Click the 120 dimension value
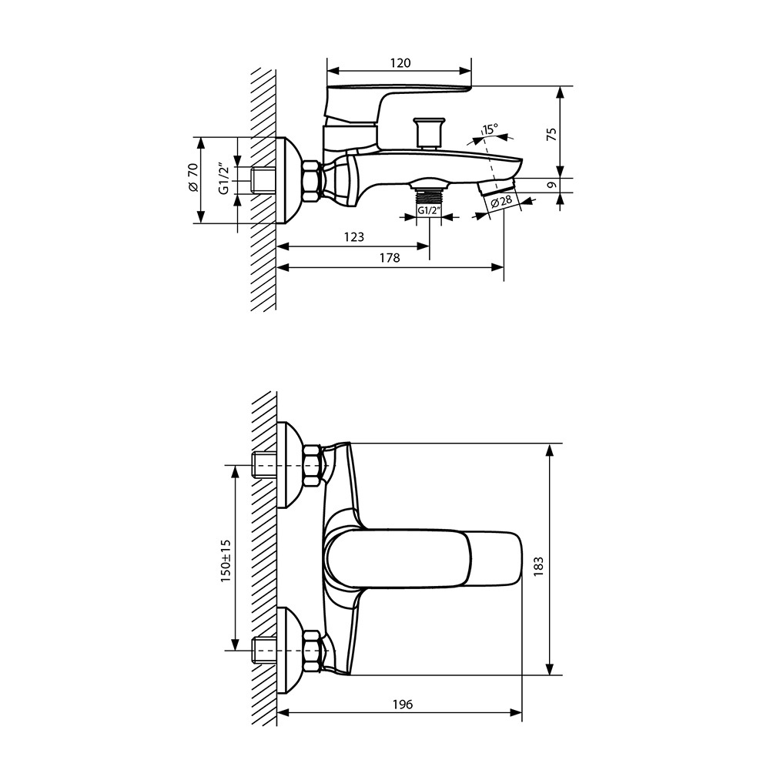(x=400, y=63)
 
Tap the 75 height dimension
(x=552, y=134)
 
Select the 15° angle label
(x=490, y=129)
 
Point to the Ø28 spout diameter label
(x=501, y=201)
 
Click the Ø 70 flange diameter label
(x=193, y=177)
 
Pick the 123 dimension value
(x=353, y=237)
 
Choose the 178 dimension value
(x=390, y=258)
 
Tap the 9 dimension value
(x=552, y=185)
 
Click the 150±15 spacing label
(x=226, y=561)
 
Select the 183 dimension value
(x=539, y=566)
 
